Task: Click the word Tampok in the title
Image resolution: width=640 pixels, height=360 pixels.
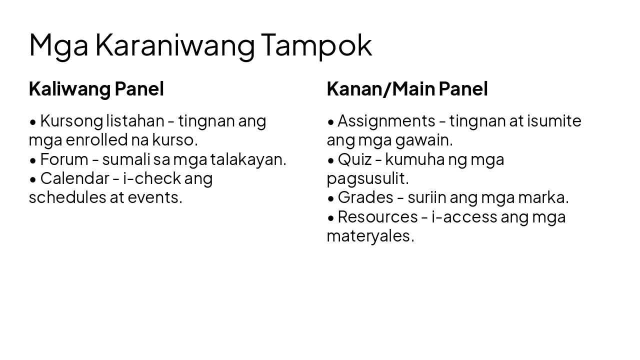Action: point(316,45)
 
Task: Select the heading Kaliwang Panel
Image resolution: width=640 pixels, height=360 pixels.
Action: point(96,89)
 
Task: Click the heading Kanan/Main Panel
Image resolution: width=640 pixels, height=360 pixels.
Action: point(407,89)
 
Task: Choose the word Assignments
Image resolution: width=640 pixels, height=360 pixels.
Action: point(386,120)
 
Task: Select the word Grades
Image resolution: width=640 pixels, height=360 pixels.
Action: point(365,197)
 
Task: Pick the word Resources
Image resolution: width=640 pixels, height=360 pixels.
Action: point(377,216)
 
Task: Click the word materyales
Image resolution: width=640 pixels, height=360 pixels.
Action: point(370,235)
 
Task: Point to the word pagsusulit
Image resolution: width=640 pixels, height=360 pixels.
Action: point(367,178)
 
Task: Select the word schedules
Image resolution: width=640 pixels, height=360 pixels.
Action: point(67,197)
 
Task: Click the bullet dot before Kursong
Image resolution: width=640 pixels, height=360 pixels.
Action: point(33,121)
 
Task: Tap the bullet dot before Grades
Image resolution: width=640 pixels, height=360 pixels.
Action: point(331,198)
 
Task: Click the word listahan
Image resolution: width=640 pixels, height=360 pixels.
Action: point(135,120)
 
